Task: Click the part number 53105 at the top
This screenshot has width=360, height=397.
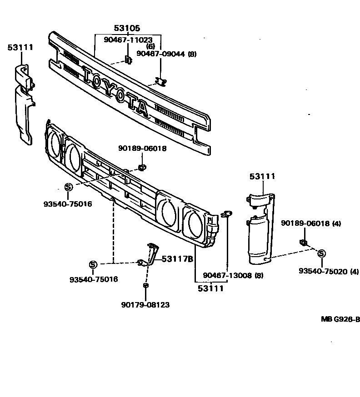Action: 127,29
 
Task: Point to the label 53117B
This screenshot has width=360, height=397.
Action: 178,259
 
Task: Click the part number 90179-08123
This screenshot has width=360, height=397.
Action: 145,305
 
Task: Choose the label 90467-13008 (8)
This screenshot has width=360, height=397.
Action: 233,275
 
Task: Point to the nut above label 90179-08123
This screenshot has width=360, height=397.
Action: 145,285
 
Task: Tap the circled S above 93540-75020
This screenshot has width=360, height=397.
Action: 321,253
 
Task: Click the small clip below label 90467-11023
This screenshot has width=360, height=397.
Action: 128,60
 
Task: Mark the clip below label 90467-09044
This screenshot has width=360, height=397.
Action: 160,82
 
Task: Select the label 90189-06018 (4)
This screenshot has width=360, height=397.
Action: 310,223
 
